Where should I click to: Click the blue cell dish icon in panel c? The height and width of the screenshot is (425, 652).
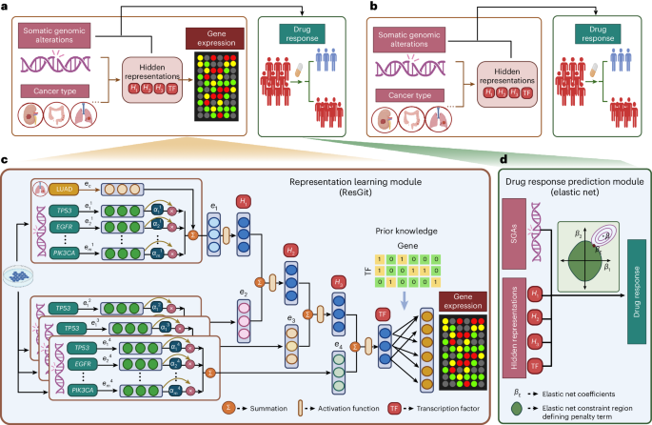(19, 273)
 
